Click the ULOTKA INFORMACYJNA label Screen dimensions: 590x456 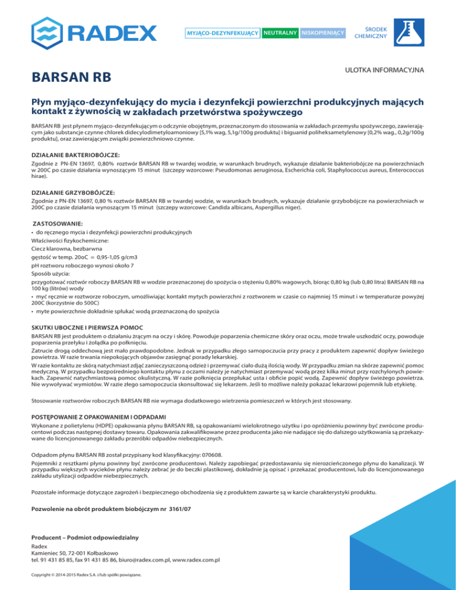384,70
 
